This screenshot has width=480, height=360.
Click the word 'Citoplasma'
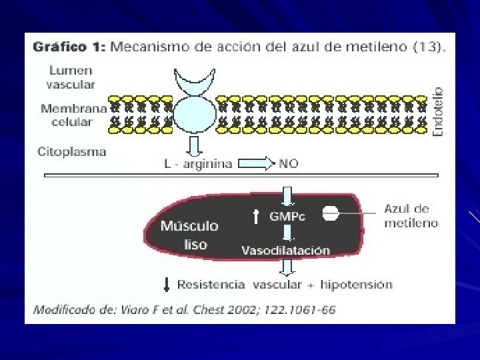pyautogui.click(x=71, y=151)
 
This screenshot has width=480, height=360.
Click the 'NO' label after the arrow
pyautogui.click(x=289, y=163)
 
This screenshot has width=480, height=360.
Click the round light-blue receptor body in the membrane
pyautogui.click(x=195, y=113)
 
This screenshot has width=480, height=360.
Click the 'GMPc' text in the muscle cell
pyautogui.click(x=287, y=216)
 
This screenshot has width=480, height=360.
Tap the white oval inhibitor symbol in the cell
pyautogui.click(x=331, y=213)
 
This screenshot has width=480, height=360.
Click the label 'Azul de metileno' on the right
pyautogui.click(x=411, y=216)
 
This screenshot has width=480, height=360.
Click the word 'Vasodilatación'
pyautogui.click(x=285, y=251)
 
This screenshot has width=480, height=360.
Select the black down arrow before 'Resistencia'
pyautogui.click(x=167, y=285)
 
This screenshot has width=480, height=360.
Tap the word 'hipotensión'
pyautogui.click(x=357, y=285)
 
